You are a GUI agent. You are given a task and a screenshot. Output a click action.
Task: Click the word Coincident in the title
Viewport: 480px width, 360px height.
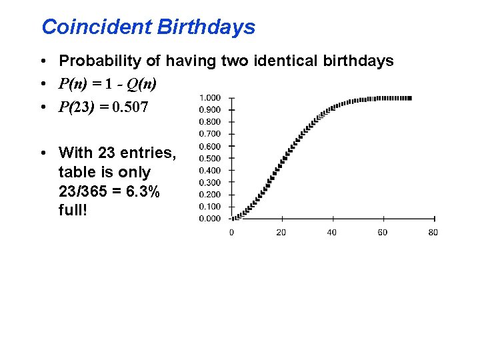pyautogui.click(x=97, y=27)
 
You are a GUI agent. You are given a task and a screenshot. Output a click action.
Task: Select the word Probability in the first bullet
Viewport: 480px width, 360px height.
pyautogui.click(x=100, y=61)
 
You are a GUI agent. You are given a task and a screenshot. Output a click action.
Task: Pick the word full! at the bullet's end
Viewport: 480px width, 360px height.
pyautogui.click(x=73, y=211)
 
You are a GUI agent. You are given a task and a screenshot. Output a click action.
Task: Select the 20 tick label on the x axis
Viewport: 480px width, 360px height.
pyautogui.click(x=281, y=232)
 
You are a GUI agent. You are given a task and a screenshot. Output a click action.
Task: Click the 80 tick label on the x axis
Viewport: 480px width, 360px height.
pyautogui.click(x=433, y=232)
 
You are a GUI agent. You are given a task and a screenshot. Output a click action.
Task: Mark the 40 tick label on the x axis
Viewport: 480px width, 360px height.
pyautogui.click(x=332, y=232)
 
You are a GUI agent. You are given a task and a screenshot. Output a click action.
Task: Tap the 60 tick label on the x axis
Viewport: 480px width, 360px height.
pyautogui.click(x=382, y=232)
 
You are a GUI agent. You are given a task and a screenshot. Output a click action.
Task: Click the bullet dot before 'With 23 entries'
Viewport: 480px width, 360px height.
pyautogui.click(x=43, y=153)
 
